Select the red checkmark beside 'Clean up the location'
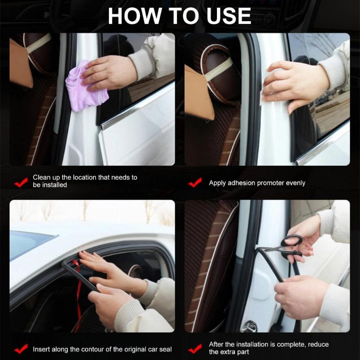pyautogui.click(x=21, y=182)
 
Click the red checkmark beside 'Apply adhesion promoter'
pyautogui.click(x=195, y=183)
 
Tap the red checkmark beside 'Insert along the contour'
pyautogui.click(x=21, y=349)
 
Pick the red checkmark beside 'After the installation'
pyautogui.click(x=195, y=348)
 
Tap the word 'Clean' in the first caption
pyautogui.click(x=42, y=177)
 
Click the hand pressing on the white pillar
pyautogui.click(x=292, y=83)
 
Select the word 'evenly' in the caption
pyautogui.click(x=295, y=183)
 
